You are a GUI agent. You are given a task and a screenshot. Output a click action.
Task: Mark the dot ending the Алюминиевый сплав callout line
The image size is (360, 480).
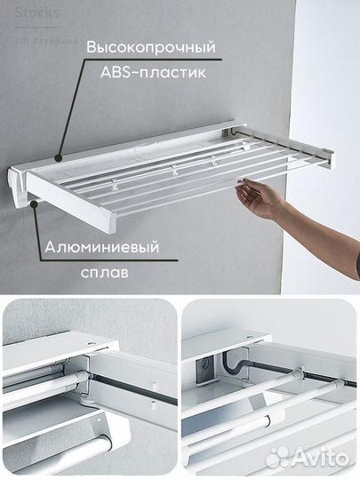click(x=34, y=203)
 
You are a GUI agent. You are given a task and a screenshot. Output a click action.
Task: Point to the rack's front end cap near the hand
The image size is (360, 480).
click(x=330, y=158)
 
